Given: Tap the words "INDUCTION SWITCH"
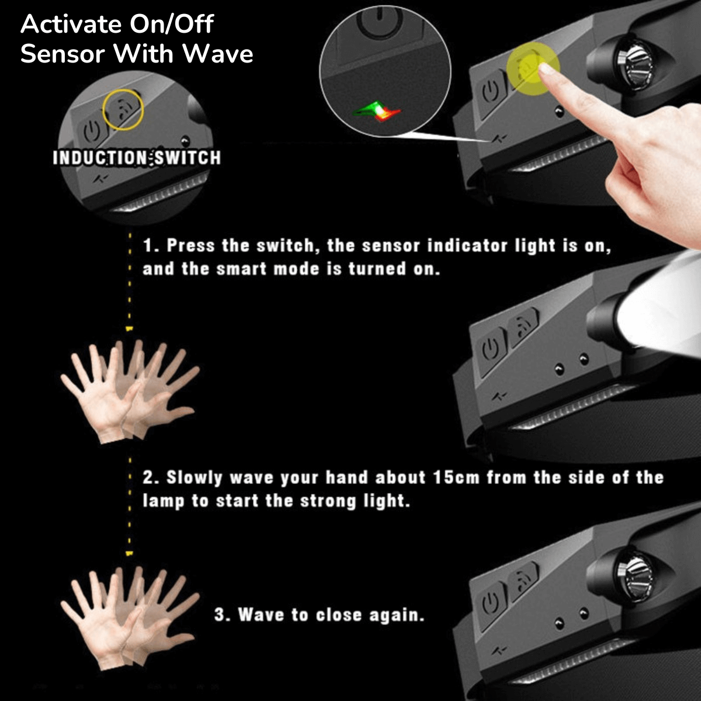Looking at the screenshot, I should pyautogui.click(x=137, y=158).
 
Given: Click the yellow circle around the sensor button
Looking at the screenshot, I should pyautogui.click(x=123, y=109).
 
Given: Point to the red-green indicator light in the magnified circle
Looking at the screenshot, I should pyautogui.click(x=377, y=111).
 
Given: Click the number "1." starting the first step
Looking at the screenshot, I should pyautogui.click(x=151, y=245).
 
